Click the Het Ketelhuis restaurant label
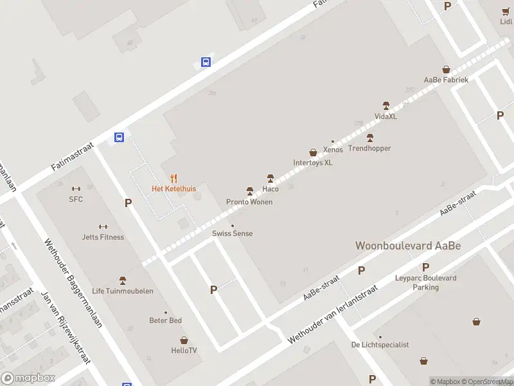pyautogui.click(x=173, y=188)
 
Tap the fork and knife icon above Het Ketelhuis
pyautogui.click(x=173, y=178)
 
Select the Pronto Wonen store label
pyautogui.click(x=249, y=202)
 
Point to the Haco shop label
pyautogui.click(x=270, y=189)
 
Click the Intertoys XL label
pyautogui.click(x=313, y=163)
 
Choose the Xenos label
pyautogui.click(x=333, y=150)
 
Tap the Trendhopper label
pyautogui.click(x=369, y=149)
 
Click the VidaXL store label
pyautogui.click(x=385, y=116)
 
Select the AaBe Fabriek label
pyautogui.click(x=446, y=80)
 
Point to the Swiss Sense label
pyautogui.click(x=233, y=234)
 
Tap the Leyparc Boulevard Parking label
pyautogui.click(x=425, y=282)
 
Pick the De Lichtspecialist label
pyautogui.click(x=380, y=345)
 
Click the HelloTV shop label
pyautogui.click(x=184, y=351)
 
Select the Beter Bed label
pyautogui.click(x=166, y=320)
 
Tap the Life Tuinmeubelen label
pyautogui.click(x=123, y=291)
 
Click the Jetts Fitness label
pyautogui.click(x=103, y=237)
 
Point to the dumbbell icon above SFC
pyautogui.click(x=76, y=188)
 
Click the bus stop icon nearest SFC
pyautogui.click(x=120, y=137)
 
